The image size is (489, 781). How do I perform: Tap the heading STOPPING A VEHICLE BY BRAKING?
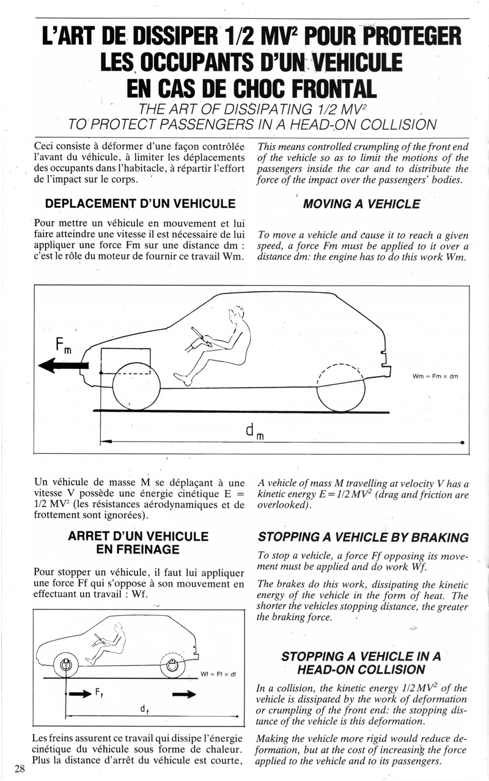click(x=363, y=538)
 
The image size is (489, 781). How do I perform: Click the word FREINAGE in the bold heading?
click(x=138, y=549)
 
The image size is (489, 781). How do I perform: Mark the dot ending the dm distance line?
click(x=462, y=442)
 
